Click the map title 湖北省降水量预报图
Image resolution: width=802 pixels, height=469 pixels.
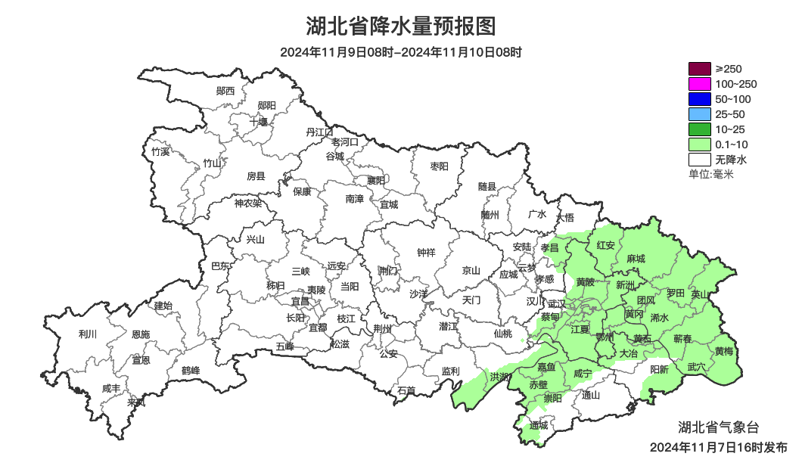[x=401, y=26]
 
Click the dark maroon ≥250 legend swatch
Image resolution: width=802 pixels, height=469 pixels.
[x=700, y=69]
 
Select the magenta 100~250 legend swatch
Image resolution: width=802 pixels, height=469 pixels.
[x=700, y=84]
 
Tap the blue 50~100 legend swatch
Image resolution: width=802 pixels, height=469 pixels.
[x=700, y=99]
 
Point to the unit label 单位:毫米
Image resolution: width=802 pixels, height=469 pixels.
[x=710, y=174]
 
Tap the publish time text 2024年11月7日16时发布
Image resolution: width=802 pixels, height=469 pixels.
[x=718, y=447]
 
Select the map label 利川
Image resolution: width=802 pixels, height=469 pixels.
[x=88, y=334]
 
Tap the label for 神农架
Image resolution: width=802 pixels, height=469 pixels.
[x=247, y=203]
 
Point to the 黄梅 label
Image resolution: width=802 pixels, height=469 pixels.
[x=724, y=351]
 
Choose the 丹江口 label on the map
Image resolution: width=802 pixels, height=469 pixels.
[x=319, y=132]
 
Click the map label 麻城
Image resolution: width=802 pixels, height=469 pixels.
[x=636, y=259]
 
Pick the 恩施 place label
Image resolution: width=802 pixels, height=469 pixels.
[x=141, y=334]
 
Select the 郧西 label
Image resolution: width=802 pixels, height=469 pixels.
[x=225, y=91]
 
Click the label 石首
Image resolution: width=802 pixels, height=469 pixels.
[x=406, y=390]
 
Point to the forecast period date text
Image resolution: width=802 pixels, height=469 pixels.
[x=401, y=52]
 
